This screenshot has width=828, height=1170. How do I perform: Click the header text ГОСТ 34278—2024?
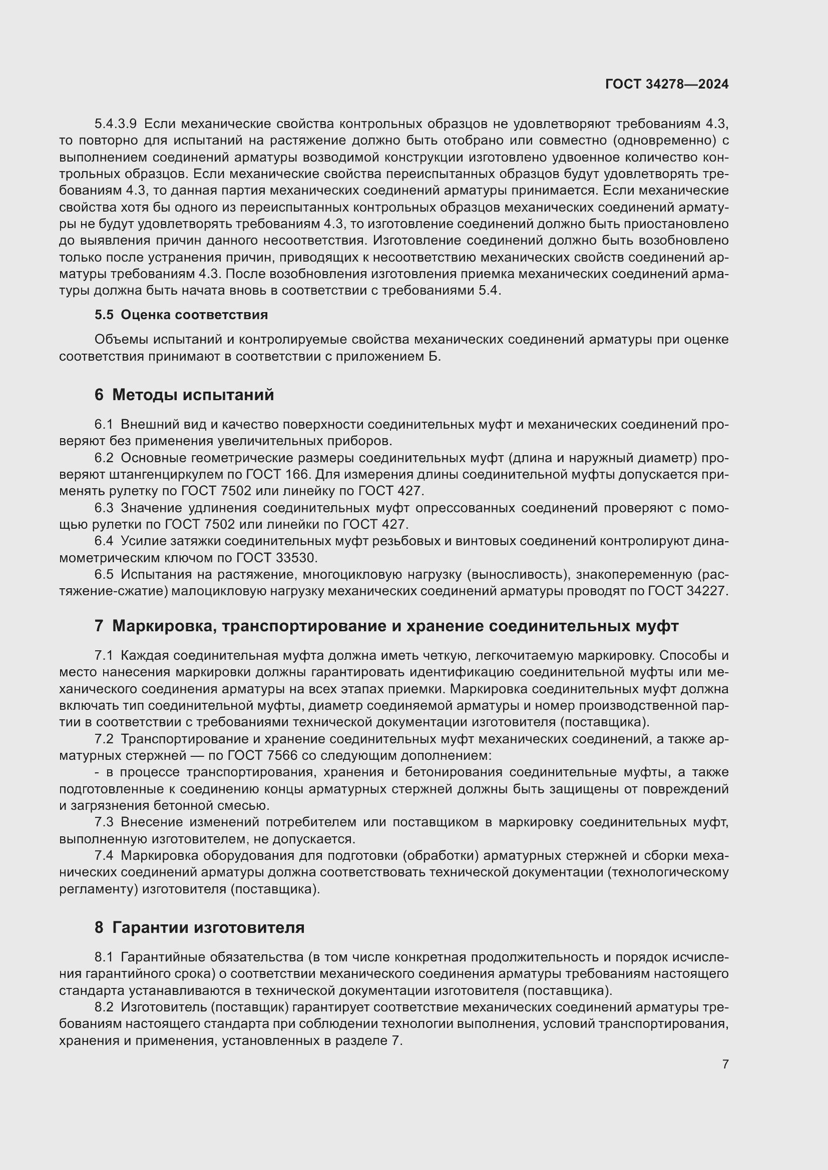[x=666, y=84]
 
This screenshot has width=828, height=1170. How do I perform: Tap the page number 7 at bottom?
[x=725, y=1064]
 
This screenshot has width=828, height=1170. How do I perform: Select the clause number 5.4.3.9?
[x=115, y=124]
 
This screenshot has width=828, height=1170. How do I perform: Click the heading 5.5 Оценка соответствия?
[x=181, y=315]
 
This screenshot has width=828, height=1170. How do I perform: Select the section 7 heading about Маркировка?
[x=386, y=626]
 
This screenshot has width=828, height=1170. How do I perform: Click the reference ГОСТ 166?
[x=277, y=474]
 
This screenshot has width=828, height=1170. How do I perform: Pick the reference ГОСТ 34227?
[x=688, y=591]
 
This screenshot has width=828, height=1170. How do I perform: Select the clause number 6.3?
[x=104, y=508]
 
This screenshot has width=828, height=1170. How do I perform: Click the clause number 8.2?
[x=104, y=1007]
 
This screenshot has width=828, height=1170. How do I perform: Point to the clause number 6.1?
[x=104, y=425]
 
